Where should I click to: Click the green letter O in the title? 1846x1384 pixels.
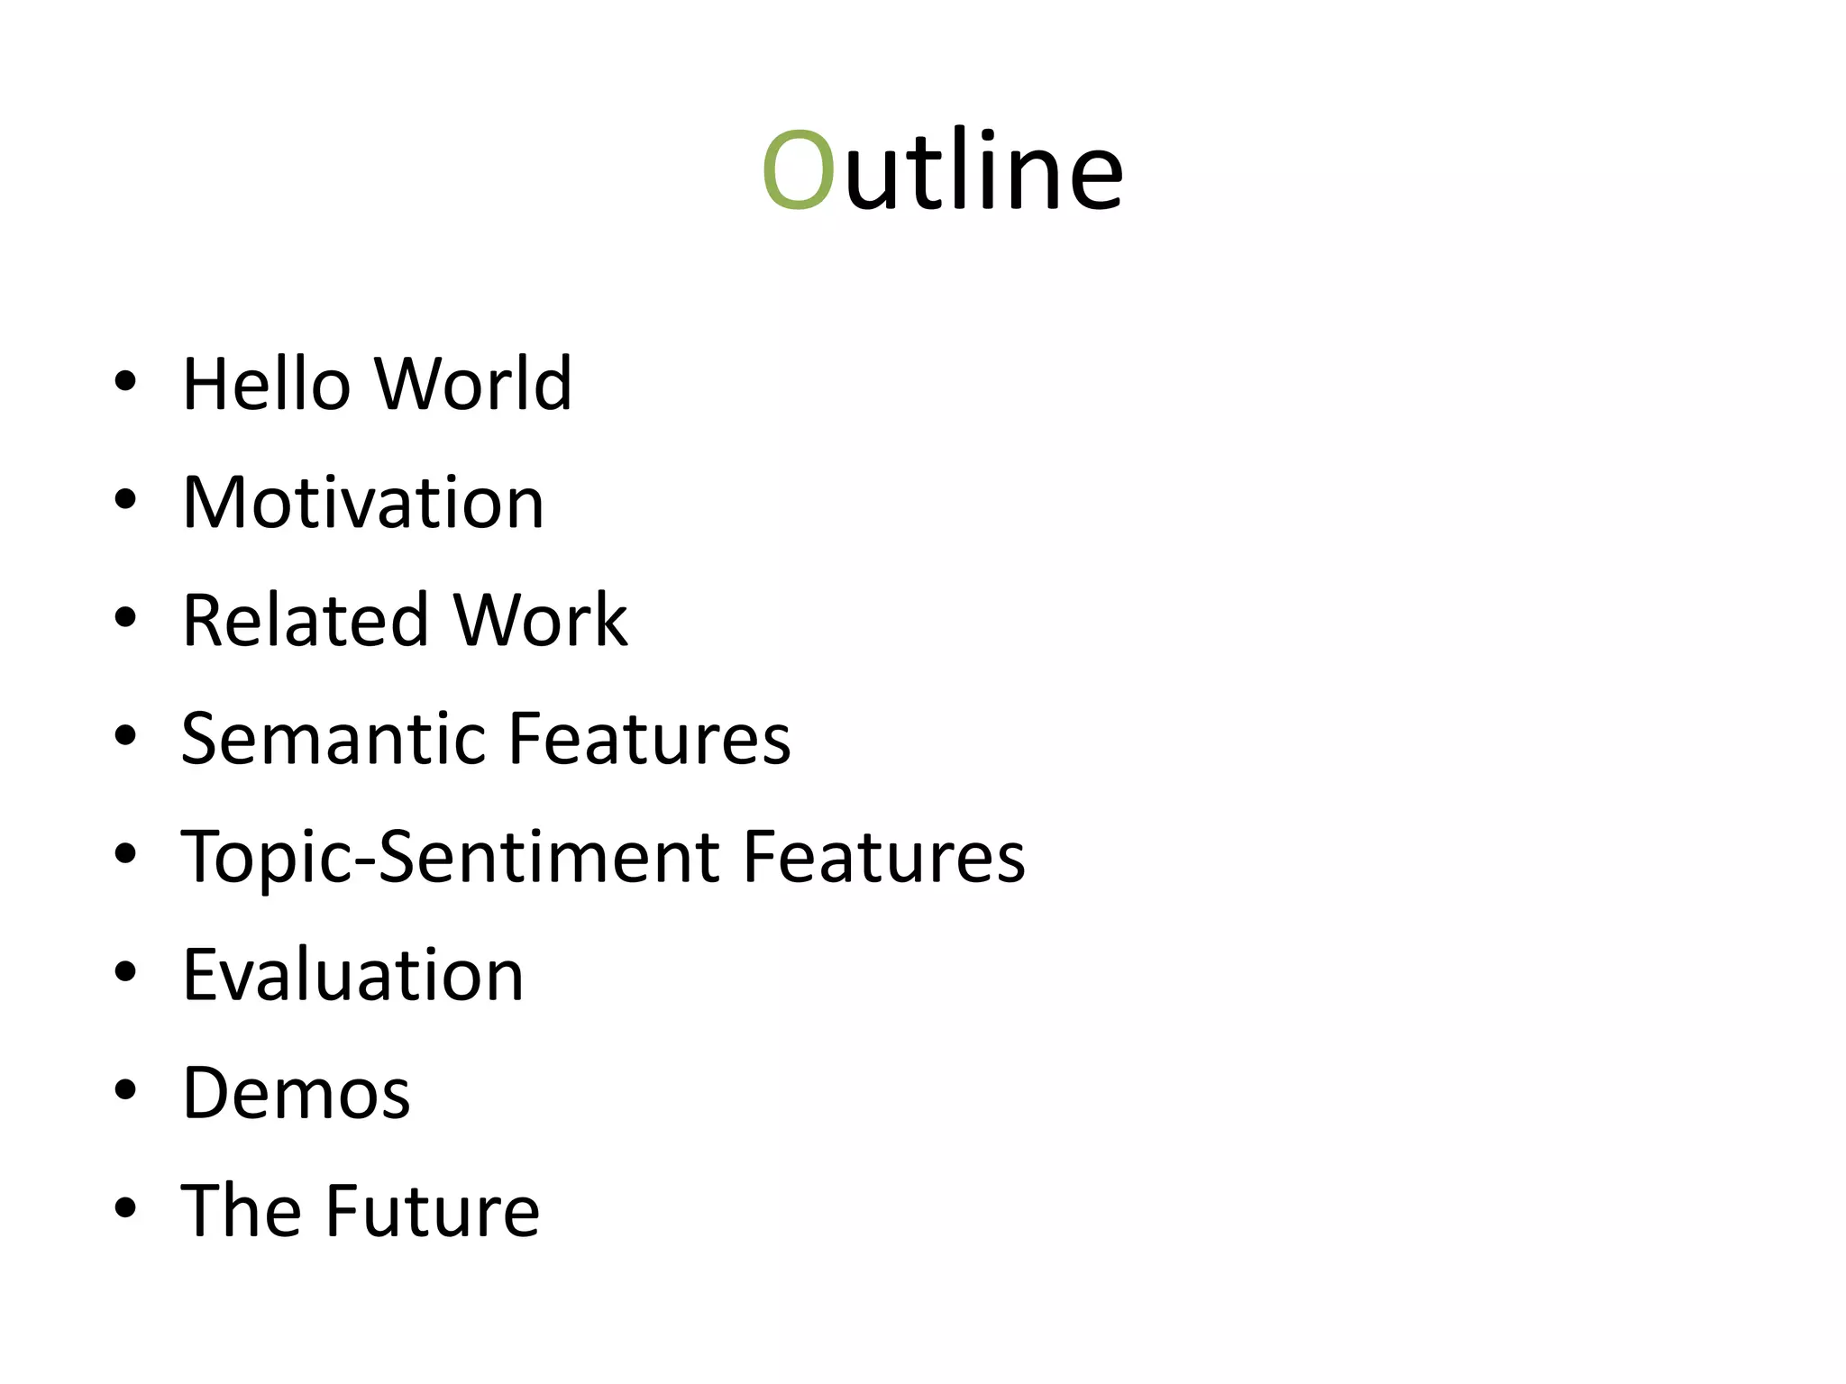(798, 171)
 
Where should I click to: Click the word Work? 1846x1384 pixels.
(540, 621)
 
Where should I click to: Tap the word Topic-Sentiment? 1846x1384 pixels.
(450, 857)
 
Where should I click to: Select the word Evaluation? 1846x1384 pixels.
(353, 975)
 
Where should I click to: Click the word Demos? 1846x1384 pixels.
(297, 1093)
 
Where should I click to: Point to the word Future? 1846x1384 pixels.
(433, 1211)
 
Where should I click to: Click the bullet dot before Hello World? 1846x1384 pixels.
(125, 381)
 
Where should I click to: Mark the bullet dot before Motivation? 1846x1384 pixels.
(125, 499)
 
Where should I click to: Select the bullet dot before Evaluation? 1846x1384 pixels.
(125, 972)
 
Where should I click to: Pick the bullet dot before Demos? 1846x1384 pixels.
(125, 1090)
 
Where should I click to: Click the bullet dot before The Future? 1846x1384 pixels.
(125, 1208)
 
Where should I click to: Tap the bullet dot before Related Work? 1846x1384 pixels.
(125, 618)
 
